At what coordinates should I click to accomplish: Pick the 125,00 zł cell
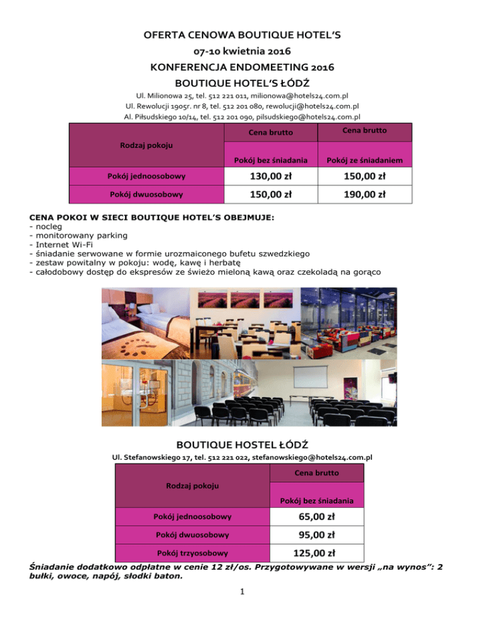click(x=316, y=554)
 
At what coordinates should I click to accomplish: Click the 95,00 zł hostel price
click(x=316, y=535)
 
